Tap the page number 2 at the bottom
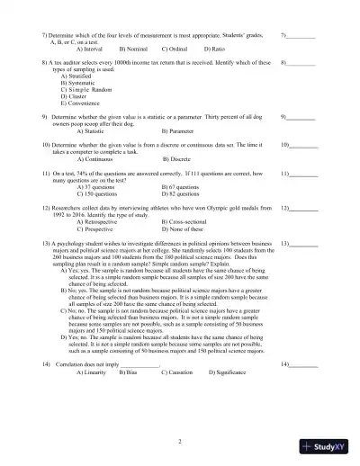[x=180, y=441]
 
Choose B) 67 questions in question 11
[x=184, y=187]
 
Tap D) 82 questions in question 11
[x=184, y=193]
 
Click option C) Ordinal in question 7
[x=175, y=48]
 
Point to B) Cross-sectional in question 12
[x=189, y=221]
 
